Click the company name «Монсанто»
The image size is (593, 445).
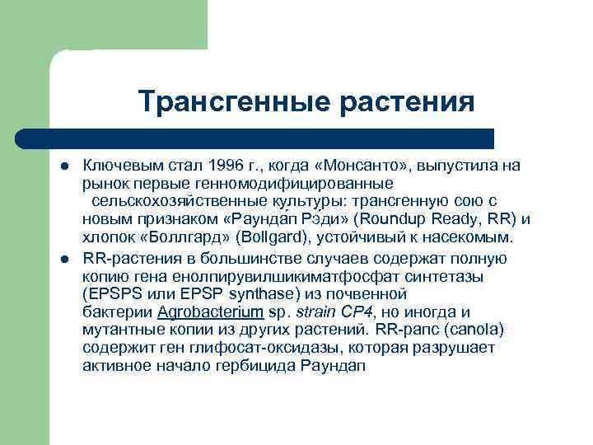pos(367,166)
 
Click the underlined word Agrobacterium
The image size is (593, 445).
pos(210,311)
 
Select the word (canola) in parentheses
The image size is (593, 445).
pos(472,330)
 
